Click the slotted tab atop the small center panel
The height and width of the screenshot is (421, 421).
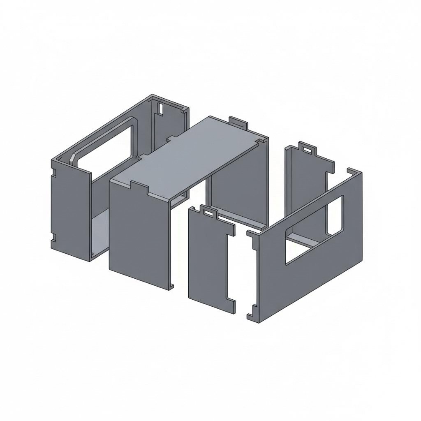point(210,212)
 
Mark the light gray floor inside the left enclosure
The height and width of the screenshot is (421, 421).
point(99,234)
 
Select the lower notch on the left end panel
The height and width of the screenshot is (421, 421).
point(53,237)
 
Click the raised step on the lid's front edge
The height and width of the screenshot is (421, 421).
point(139,187)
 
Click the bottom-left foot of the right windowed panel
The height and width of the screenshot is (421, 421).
point(251,316)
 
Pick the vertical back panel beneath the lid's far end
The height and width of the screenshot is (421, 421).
point(238,189)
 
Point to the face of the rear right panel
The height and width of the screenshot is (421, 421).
point(304,185)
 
